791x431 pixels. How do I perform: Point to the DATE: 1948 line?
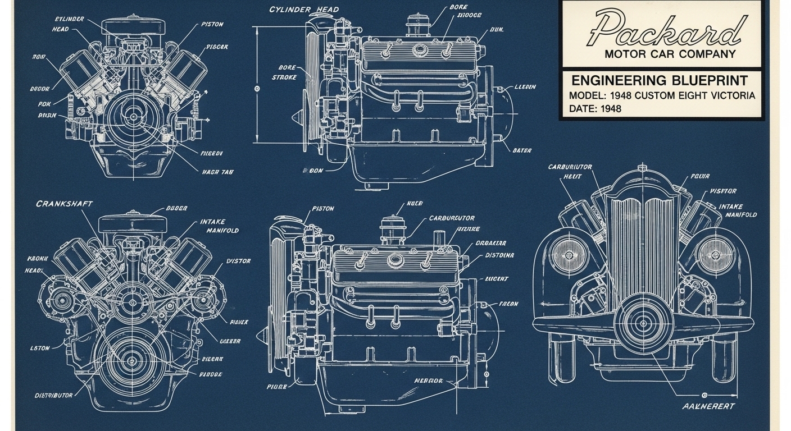pos(595,109)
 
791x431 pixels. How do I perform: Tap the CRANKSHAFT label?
pos(64,204)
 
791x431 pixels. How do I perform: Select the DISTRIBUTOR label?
pos(53,395)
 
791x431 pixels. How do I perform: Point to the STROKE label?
pos(284,77)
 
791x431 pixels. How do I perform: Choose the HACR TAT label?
pos(217,172)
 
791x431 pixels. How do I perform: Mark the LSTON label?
pos(40,348)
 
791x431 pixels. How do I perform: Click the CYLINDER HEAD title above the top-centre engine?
pos(304,10)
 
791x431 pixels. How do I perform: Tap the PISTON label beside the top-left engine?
pos(212,24)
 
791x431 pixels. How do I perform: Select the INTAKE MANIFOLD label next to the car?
pos(738,210)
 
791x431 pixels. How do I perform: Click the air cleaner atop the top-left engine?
pos(133,26)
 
